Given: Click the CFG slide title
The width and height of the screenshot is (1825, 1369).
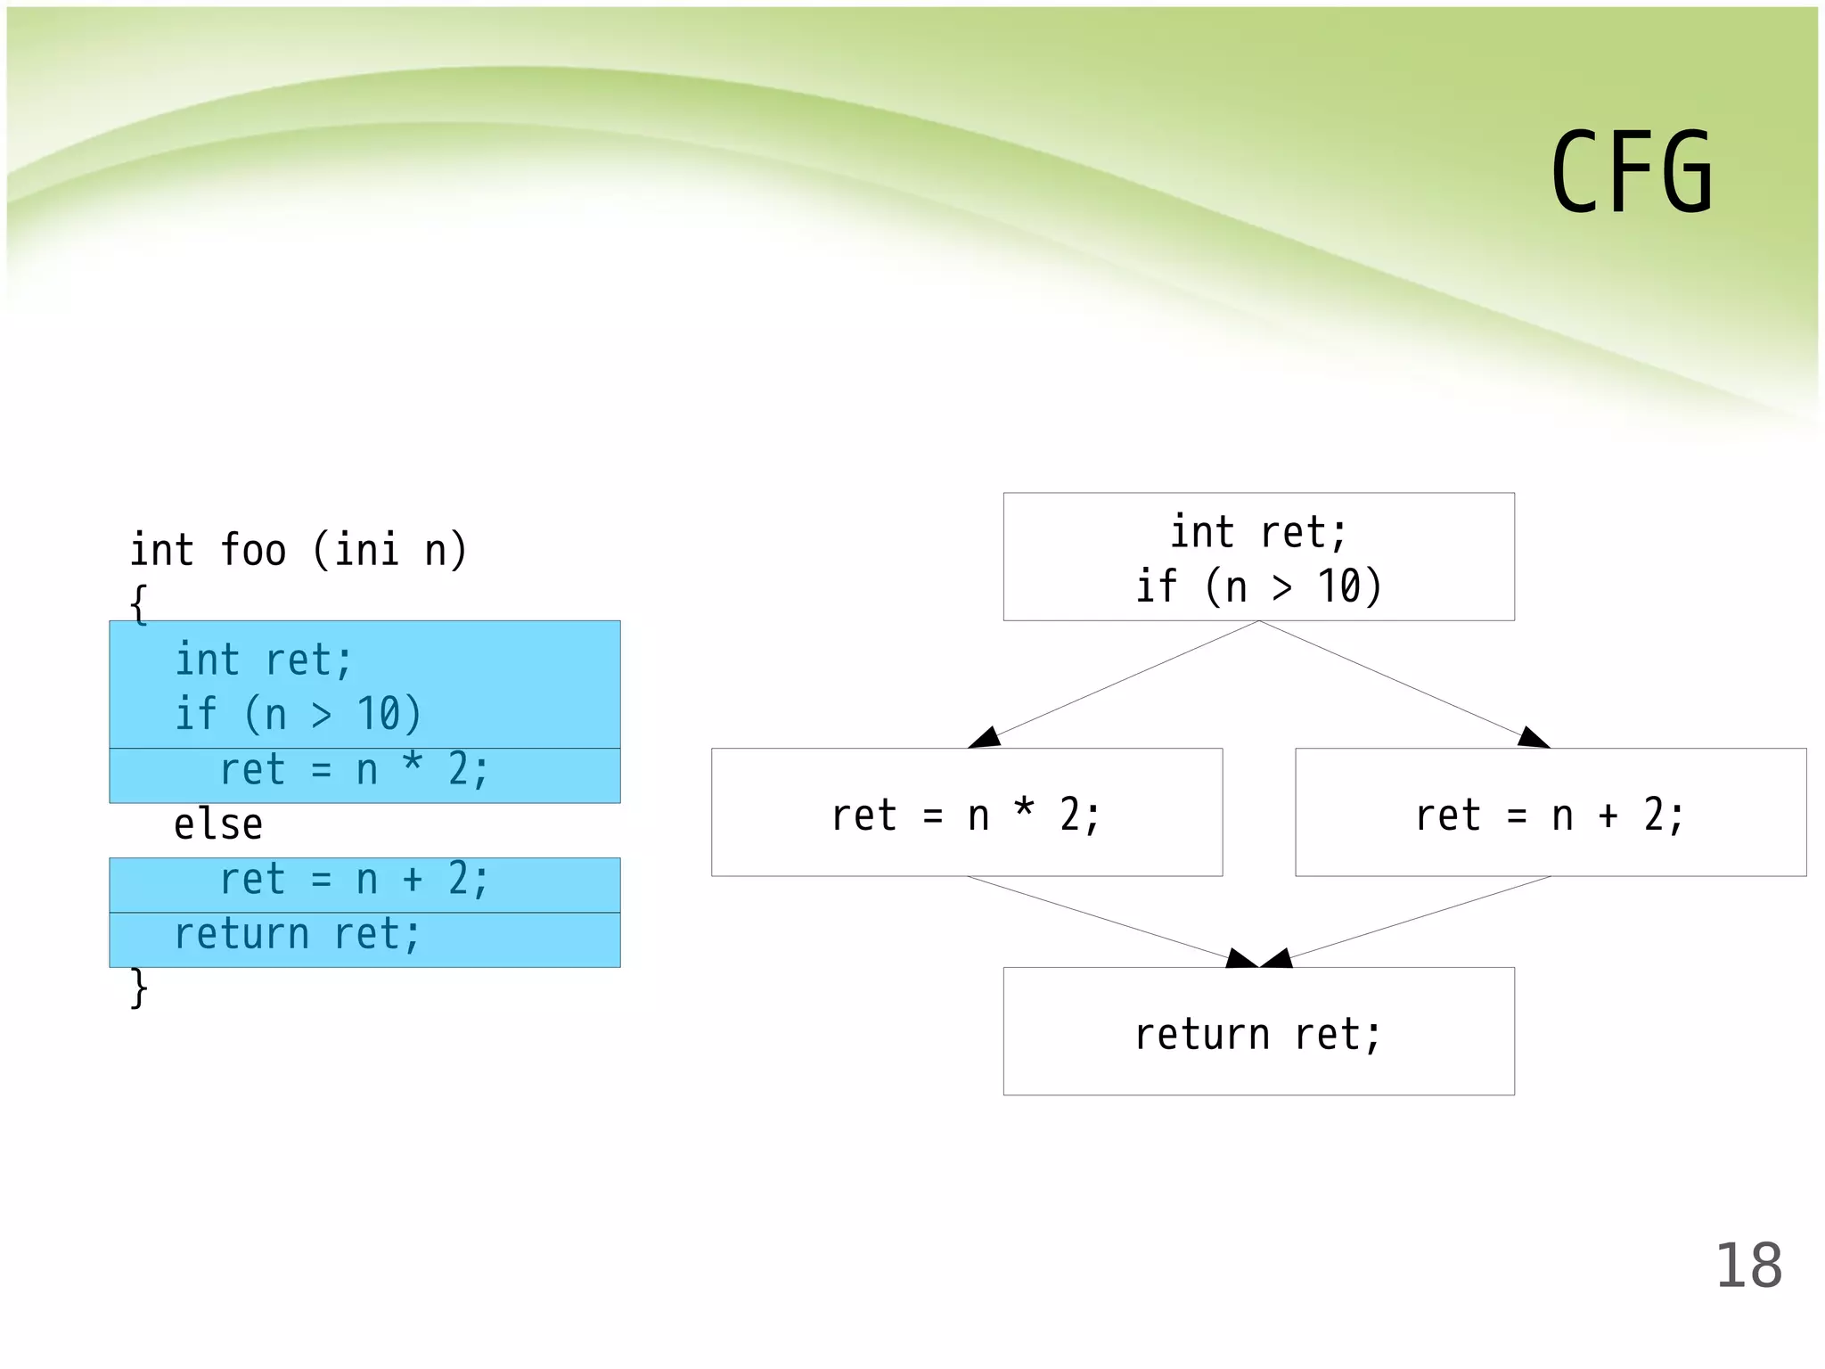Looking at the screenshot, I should pyautogui.click(x=1631, y=172).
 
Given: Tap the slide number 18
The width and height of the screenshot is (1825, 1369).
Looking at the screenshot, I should pyautogui.click(x=1748, y=1266).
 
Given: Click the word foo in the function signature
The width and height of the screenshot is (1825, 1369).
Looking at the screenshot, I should pyautogui.click(x=253, y=550).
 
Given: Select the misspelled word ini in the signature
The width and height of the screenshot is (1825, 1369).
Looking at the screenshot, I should pyautogui.click(x=366, y=550).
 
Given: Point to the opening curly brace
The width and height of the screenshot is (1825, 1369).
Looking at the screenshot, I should pyautogui.click(x=138, y=604).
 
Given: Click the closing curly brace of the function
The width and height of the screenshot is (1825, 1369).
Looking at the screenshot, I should pyautogui.click(x=138, y=988).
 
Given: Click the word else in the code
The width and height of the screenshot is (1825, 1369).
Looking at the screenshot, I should pyautogui.click(x=218, y=824).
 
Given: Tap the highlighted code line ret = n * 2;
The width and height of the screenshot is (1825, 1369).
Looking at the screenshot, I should pyautogui.click(x=354, y=770).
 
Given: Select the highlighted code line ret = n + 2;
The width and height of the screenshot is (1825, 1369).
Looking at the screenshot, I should pyautogui.click(x=354, y=881).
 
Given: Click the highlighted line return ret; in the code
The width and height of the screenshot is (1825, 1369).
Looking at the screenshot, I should pyautogui.click(x=297, y=935).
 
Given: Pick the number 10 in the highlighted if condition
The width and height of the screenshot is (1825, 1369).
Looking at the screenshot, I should pyautogui.click(x=378, y=715).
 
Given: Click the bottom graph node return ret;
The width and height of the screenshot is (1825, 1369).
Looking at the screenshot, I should pyautogui.click(x=1257, y=1034).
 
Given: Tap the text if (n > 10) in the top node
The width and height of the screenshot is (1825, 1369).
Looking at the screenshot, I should pyautogui.click(x=1258, y=587).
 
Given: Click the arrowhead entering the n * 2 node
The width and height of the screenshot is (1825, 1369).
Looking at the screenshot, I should pyautogui.click(x=986, y=738).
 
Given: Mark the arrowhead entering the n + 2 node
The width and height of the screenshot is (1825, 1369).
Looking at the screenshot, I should pyautogui.click(x=1533, y=738).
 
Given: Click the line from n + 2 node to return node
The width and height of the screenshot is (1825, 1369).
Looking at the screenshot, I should pyautogui.click(x=1417, y=918).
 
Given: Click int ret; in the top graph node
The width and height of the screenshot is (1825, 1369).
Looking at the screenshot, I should pyautogui.click(x=1258, y=533).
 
